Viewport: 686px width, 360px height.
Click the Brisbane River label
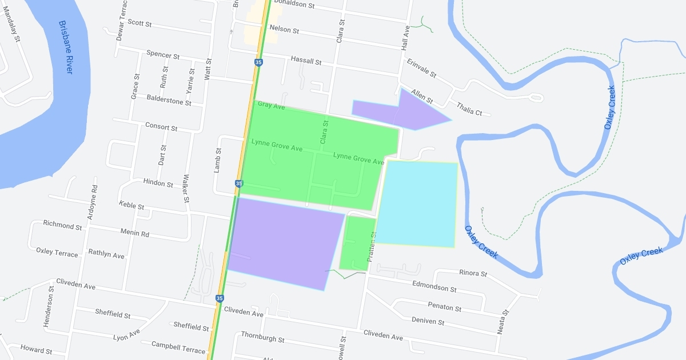66,47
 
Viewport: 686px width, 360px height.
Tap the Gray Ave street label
271,106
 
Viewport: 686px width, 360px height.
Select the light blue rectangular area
417,204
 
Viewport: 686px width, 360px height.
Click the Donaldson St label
294,5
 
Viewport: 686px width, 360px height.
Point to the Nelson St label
284,29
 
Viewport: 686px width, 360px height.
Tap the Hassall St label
306,60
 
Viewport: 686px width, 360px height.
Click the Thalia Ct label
469,109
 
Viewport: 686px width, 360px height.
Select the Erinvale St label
421,68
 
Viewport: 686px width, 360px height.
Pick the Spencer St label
163,55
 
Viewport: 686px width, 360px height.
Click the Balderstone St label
169,101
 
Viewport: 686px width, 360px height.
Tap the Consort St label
161,126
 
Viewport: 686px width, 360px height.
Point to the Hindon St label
158,184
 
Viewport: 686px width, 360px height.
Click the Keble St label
131,205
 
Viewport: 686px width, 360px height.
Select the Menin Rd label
134,234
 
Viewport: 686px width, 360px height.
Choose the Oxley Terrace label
57,252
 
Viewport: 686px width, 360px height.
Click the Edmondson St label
434,286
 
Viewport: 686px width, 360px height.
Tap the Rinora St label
473,274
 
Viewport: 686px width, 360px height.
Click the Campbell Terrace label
178,347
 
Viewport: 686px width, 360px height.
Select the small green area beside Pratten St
355,243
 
